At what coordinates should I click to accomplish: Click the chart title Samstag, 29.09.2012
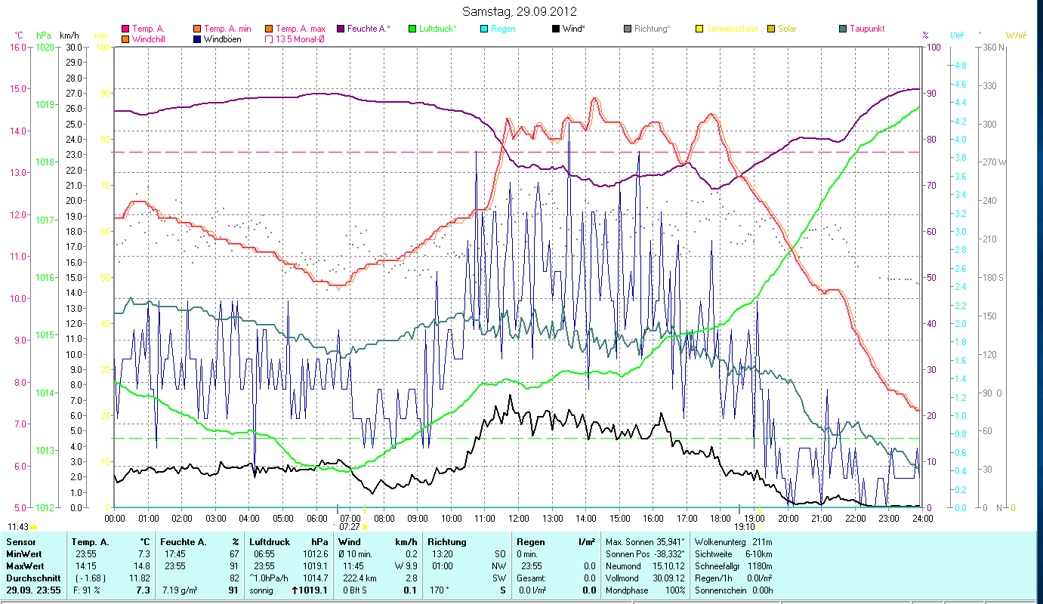tap(521, 11)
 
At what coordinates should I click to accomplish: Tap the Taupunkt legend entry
tap(866, 29)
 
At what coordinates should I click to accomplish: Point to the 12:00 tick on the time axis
tap(519, 519)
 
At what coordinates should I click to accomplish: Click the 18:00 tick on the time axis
tap(721, 519)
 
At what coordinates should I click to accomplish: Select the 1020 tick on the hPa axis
tap(45, 47)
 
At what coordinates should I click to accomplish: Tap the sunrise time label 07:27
tap(350, 527)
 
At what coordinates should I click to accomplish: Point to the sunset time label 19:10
tap(745, 527)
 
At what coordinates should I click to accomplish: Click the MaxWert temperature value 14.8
tap(143, 565)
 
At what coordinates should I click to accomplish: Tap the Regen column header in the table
tap(529, 542)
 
